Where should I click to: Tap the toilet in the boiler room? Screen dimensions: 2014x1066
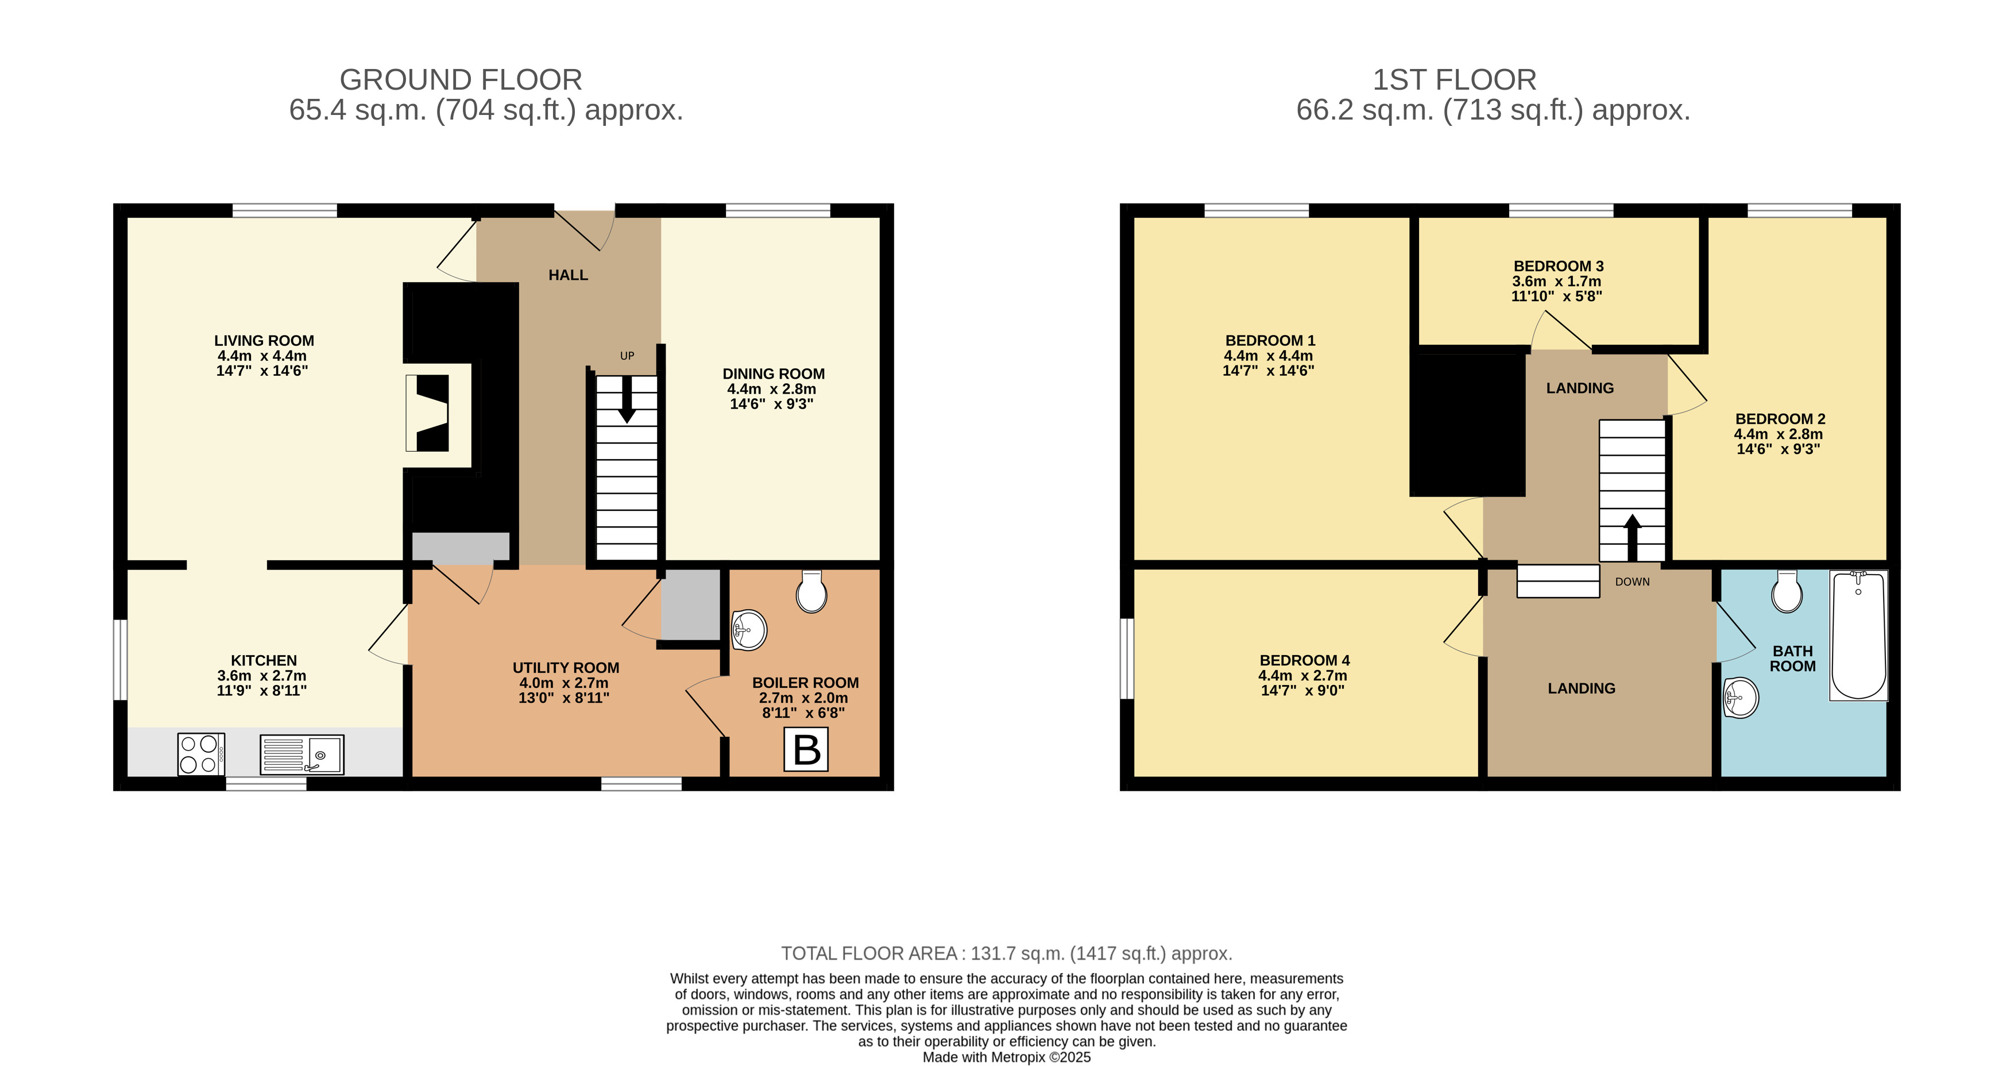click(x=811, y=591)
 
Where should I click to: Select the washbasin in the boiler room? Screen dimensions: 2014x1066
click(x=748, y=630)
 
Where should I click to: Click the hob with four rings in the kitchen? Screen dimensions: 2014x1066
click(x=201, y=754)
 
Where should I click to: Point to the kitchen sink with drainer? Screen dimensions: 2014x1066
click(x=302, y=754)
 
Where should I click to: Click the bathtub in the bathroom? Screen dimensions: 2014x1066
click(x=1858, y=635)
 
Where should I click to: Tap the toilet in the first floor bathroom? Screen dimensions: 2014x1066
click(x=1787, y=591)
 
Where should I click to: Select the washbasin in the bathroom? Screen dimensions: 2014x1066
click(x=1741, y=697)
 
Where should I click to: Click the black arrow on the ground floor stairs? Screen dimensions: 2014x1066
click(x=626, y=399)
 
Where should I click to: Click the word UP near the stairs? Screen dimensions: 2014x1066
click(x=627, y=356)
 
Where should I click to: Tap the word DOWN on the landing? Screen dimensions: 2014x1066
click(x=1633, y=582)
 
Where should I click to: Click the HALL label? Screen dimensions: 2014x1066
click(x=569, y=275)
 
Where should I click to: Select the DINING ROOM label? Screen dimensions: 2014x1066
click(x=773, y=374)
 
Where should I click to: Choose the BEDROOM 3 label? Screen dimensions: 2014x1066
click(x=1558, y=266)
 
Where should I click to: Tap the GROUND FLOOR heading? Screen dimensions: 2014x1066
click(x=461, y=80)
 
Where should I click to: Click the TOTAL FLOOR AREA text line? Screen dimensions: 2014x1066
click(x=1007, y=953)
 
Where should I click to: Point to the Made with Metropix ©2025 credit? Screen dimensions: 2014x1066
click(x=1007, y=1057)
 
